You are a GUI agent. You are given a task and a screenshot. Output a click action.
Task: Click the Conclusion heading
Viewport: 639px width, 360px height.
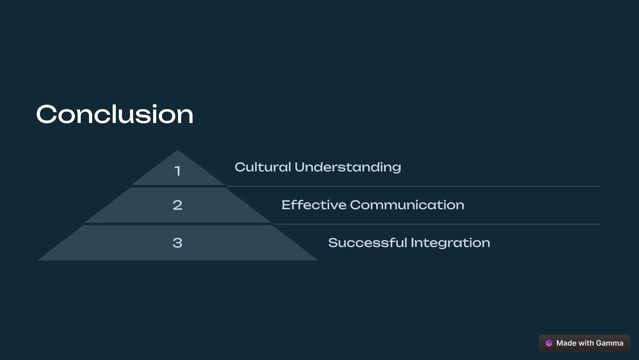point(115,114)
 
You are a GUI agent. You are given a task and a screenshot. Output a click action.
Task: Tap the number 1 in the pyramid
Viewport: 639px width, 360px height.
point(178,171)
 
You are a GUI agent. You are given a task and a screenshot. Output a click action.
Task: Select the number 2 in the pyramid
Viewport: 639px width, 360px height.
point(178,205)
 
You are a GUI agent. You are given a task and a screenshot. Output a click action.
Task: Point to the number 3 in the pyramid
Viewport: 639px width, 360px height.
point(178,243)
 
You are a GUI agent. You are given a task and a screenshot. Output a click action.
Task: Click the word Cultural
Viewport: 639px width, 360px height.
point(263,167)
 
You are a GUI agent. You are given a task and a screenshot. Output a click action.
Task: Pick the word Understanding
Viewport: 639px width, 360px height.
point(348,168)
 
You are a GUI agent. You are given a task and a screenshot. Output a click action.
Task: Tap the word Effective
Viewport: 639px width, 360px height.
point(314,205)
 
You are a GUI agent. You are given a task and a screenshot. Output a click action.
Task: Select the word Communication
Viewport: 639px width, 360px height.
point(407,205)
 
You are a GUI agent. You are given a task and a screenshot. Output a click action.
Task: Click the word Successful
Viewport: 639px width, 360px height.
point(368,243)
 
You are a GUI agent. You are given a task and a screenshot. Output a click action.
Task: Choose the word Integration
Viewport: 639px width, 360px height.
point(450,243)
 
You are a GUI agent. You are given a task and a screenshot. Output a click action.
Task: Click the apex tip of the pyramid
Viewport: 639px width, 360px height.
point(178,151)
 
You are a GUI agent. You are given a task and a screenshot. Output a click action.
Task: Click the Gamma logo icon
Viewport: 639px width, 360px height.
point(549,343)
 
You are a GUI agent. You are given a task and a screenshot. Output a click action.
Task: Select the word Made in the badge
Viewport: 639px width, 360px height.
point(566,343)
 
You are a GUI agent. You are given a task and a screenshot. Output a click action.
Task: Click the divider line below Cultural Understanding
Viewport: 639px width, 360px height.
point(413,186)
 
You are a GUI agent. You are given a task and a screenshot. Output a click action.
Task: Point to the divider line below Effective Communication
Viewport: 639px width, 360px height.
point(437,224)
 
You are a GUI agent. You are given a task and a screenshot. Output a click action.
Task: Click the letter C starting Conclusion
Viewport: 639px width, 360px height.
point(46,114)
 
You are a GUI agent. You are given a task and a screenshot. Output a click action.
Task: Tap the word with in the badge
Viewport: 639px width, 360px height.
point(586,343)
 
